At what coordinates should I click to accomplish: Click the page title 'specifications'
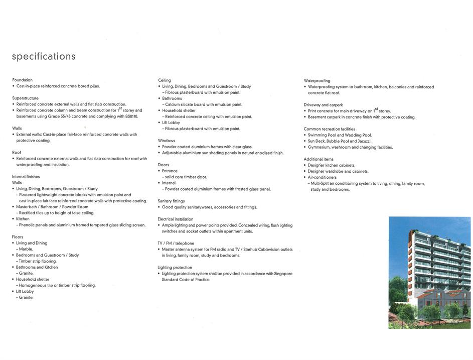44,56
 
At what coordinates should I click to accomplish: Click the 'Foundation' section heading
22,80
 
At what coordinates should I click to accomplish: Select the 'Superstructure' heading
25,98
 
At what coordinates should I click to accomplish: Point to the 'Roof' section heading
17,153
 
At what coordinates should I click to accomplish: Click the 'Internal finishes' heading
26,177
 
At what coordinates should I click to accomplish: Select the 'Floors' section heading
18,237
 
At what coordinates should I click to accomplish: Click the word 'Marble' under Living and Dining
26,249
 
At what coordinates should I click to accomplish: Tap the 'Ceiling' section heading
165,80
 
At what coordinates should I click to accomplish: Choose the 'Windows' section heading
167,141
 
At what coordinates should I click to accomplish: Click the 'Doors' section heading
164,165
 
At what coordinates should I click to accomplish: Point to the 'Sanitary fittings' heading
171,201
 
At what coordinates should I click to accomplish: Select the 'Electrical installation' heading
176,219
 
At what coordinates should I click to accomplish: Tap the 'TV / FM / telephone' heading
176,243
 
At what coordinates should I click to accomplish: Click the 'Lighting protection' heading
175,268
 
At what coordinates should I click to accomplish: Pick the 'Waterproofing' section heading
317,81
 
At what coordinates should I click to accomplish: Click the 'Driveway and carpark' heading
323,105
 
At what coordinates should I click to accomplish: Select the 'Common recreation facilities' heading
330,129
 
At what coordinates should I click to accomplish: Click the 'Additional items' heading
319,159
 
